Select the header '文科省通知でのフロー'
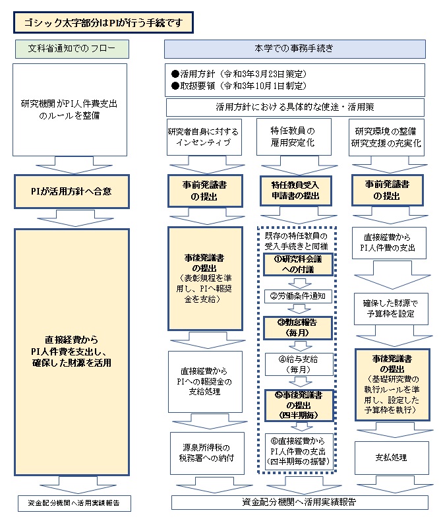[72, 49]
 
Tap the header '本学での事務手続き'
[298, 49]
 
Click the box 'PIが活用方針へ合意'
[72, 191]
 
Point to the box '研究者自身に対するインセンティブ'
[203, 137]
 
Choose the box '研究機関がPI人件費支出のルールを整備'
[71, 109]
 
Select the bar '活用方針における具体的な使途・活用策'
[298, 106]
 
